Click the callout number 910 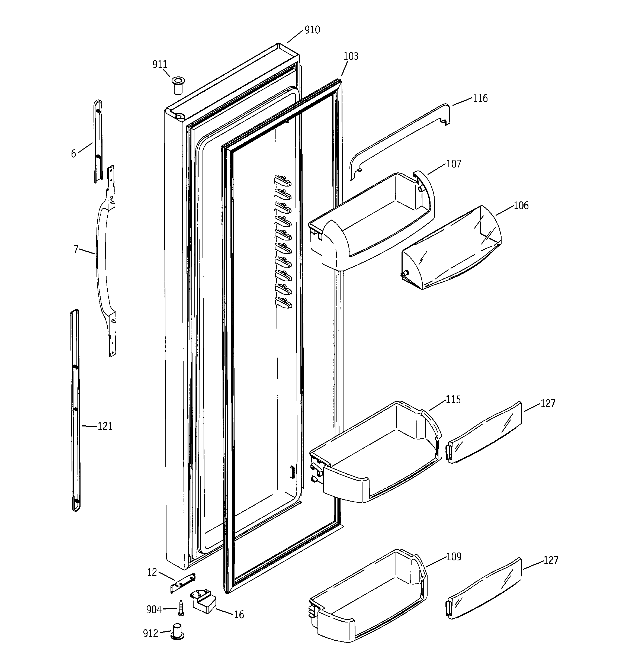tap(312, 30)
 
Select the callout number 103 tap(351, 56)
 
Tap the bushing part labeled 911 tap(178, 86)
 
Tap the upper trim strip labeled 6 tap(98, 142)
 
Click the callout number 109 tap(453, 557)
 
